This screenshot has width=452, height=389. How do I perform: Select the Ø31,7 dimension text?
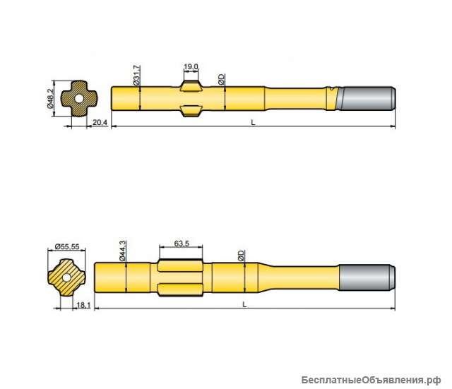click(x=136, y=75)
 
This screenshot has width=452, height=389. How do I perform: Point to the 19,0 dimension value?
click(x=191, y=66)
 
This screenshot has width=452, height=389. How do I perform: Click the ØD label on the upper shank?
click(x=221, y=79)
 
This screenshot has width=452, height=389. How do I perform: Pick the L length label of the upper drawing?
click(x=253, y=123)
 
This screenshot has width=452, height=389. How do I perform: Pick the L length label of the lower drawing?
click(x=244, y=304)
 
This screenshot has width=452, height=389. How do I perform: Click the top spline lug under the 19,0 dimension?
click(x=191, y=87)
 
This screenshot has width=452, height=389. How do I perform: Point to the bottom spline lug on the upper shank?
click(x=191, y=110)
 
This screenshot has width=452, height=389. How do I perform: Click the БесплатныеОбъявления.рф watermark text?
click(x=374, y=378)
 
